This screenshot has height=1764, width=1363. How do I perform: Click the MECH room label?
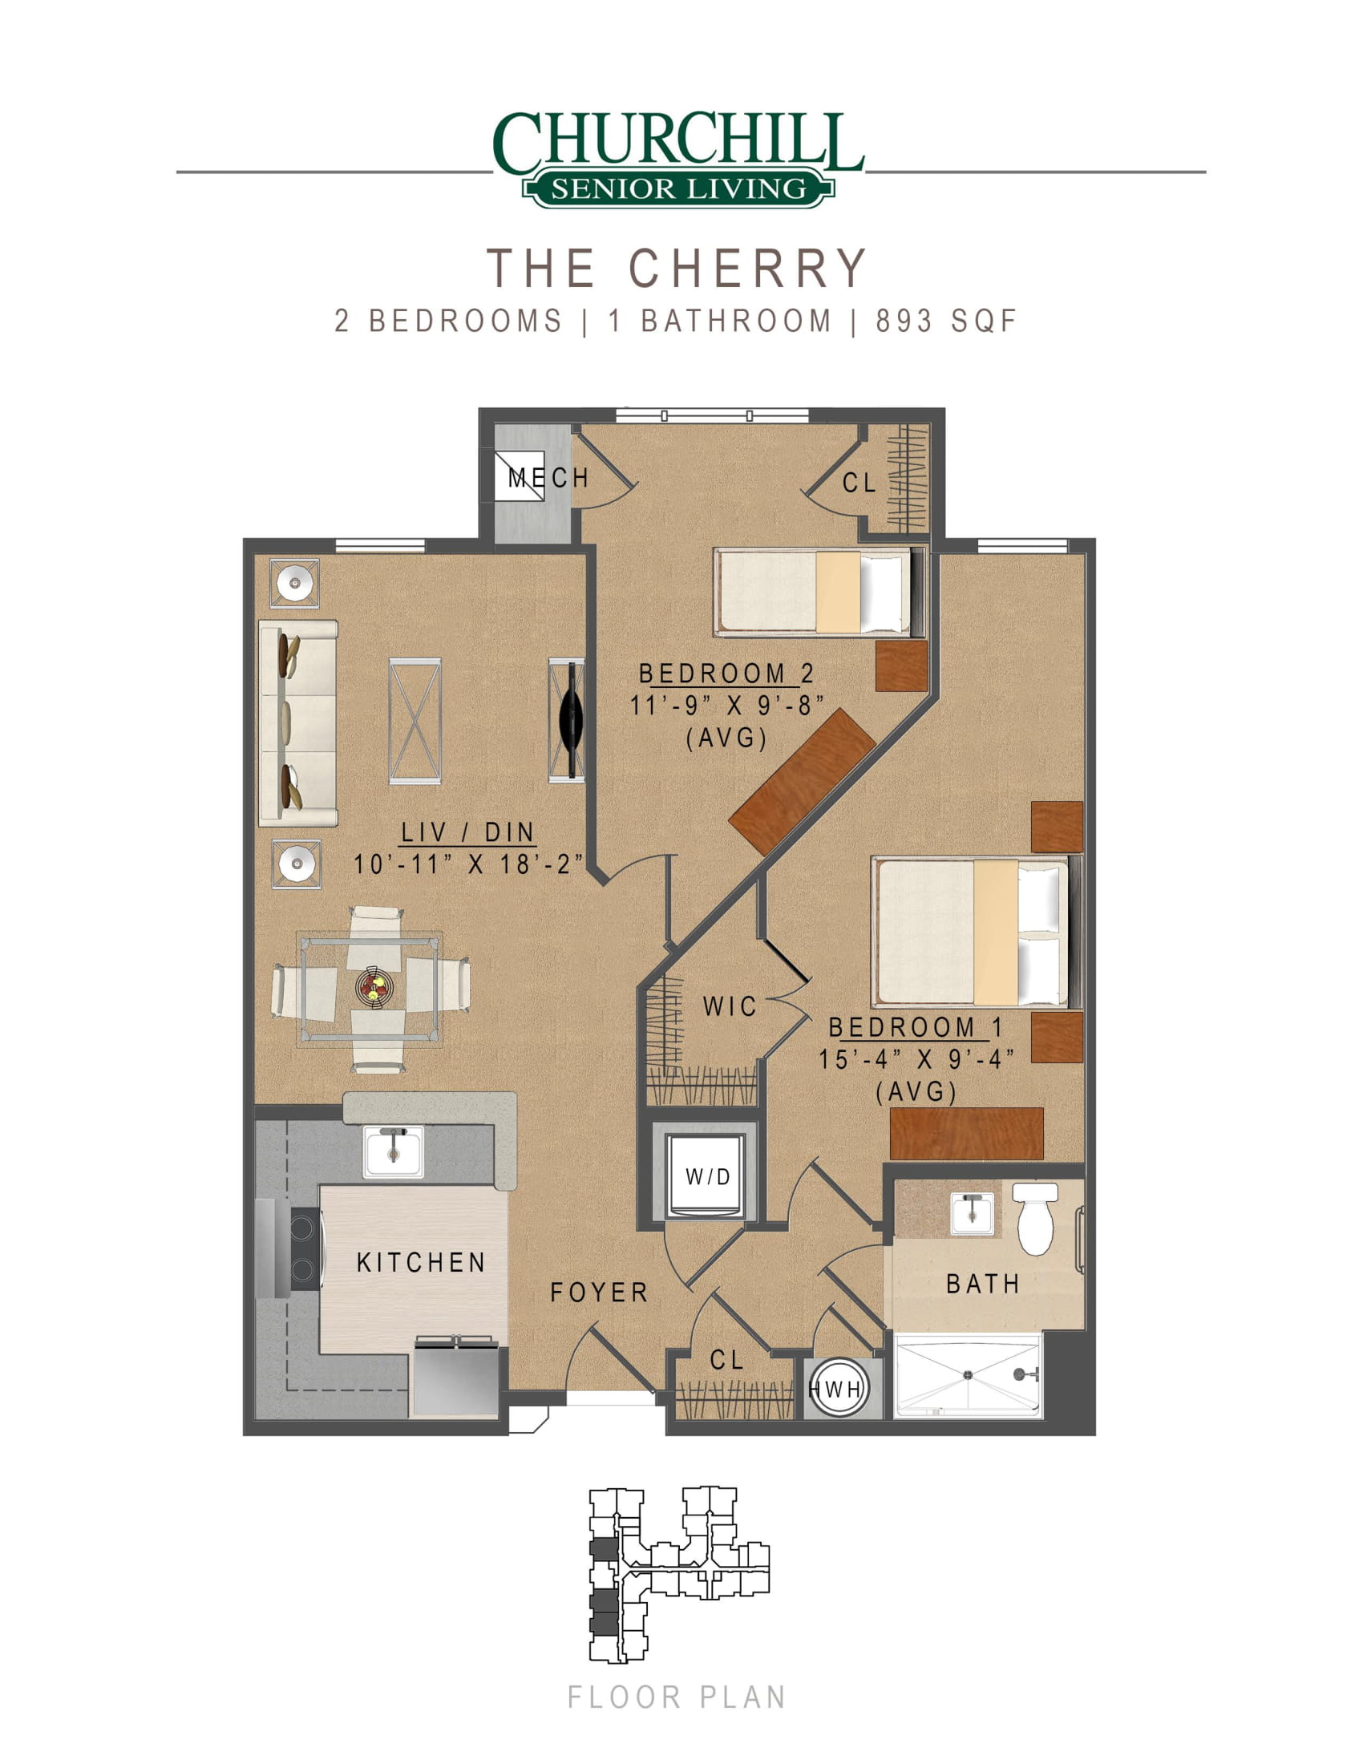548,477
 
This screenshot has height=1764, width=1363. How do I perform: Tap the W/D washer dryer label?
707,1177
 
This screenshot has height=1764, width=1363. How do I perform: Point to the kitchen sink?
393,1151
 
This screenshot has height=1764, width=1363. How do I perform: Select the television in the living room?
572,720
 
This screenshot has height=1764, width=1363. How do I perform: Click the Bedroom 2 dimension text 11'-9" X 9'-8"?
726,705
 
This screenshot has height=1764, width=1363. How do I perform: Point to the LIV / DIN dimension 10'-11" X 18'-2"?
467,864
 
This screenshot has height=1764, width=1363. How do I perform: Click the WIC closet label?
729,1006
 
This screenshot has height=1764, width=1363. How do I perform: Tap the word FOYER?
599,1293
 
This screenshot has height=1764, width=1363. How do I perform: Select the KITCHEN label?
421,1262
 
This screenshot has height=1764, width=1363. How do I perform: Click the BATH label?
983,1284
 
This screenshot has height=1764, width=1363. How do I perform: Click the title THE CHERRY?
677,267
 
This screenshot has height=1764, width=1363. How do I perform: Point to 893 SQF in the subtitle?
946,322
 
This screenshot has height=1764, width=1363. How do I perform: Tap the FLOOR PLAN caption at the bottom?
677,1697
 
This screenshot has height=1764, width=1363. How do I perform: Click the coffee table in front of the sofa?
415,721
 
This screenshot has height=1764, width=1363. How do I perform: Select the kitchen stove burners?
304,1248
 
